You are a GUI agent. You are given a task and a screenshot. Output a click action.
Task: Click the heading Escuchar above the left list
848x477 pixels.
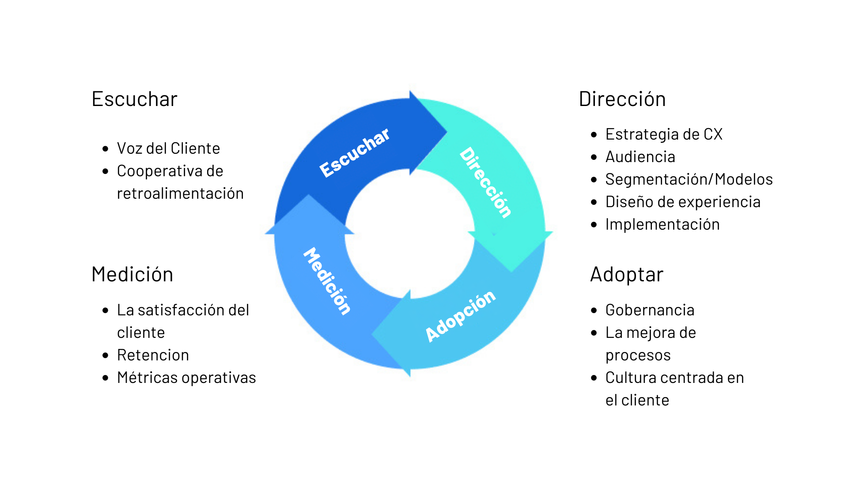[134, 99]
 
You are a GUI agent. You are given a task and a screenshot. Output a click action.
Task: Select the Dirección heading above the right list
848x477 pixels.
[622, 99]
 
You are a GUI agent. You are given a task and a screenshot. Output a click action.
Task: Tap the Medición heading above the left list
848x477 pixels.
[132, 274]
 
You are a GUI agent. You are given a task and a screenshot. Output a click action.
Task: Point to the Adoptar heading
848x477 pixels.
[627, 274]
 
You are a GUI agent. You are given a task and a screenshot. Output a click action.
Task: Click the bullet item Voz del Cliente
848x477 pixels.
[168, 148]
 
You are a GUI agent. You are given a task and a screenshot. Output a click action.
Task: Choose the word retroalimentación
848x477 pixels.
[180, 193]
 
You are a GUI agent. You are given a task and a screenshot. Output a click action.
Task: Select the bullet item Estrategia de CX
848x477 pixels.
[663, 134]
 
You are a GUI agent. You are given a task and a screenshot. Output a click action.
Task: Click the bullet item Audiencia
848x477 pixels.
[640, 157]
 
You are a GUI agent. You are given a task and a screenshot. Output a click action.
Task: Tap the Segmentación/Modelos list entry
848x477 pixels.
[689, 179]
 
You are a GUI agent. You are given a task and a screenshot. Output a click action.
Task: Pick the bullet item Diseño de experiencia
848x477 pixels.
[683, 202]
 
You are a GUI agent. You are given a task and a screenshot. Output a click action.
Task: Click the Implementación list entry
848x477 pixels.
[662, 224]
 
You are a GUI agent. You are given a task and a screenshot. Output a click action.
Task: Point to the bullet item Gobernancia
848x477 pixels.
[650, 310]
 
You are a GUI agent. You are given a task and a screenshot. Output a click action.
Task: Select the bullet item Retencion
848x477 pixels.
[153, 355]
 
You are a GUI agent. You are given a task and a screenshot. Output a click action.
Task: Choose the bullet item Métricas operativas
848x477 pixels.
[186, 378]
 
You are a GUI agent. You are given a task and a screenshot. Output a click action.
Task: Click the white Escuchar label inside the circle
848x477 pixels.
[355, 152]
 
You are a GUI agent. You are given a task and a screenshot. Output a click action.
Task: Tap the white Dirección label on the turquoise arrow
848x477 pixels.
[486, 182]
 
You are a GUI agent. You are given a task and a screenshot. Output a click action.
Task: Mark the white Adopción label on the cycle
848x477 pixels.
[460, 316]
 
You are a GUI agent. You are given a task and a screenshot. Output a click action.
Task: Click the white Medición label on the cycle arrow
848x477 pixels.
[327, 281]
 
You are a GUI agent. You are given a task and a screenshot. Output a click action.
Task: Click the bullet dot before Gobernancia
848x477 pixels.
[594, 310]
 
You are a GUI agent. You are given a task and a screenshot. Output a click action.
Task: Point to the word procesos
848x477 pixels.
[638, 355]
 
